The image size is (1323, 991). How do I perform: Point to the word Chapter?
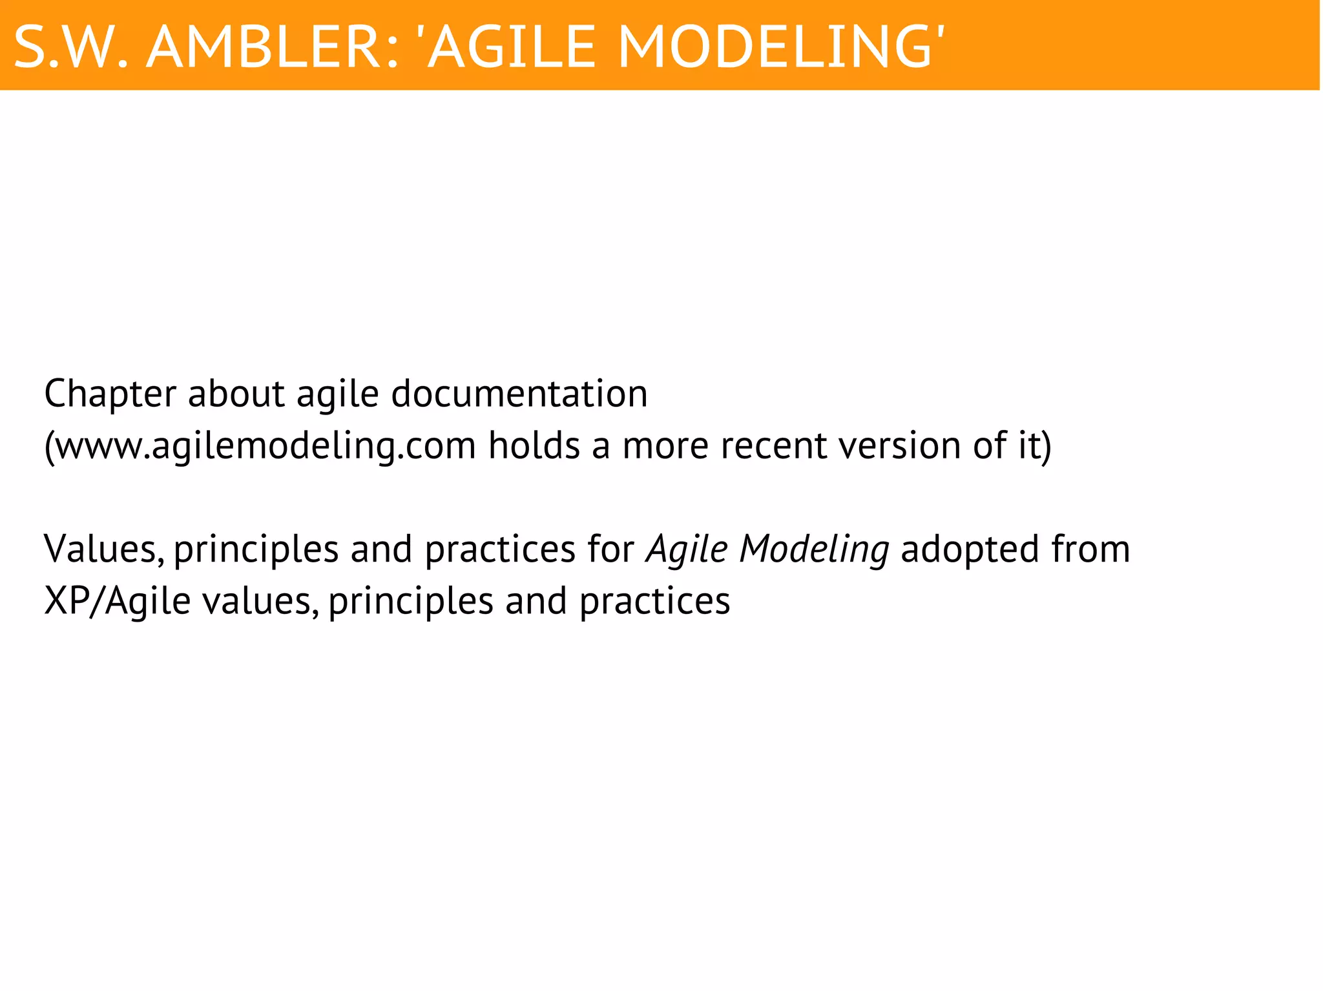pyautogui.click(x=110, y=394)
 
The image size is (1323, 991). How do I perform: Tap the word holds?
pyautogui.click(x=534, y=445)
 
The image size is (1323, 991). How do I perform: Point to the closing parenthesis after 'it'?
pyautogui.click(x=1047, y=445)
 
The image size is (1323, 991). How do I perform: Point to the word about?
pyautogui.click(x=236, y=394)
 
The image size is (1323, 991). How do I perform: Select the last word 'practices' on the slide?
pyautogui.click(x=654, y=602)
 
